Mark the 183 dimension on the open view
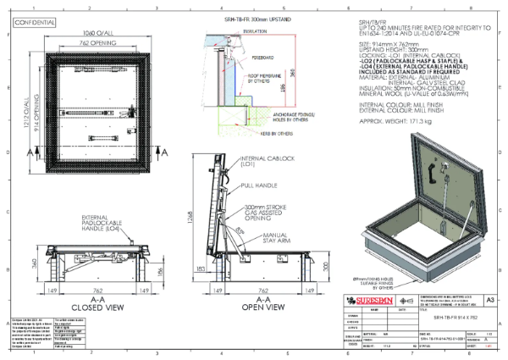[198, 269]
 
